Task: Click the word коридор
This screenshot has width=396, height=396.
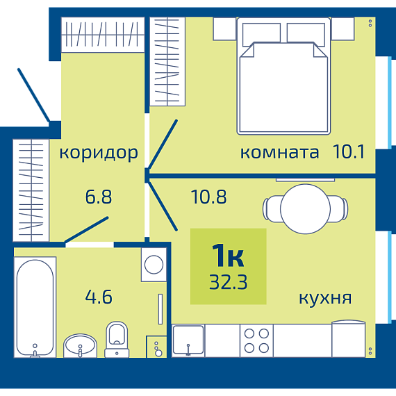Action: [x=99, y=153]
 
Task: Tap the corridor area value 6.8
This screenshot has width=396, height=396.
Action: [x=99, y=197]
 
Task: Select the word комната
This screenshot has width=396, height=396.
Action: [x=279, y=153]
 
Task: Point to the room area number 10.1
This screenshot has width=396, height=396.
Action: [x=349, y=151]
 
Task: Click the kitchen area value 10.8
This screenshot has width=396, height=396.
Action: [x=209, y=197]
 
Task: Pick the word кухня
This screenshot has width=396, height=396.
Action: [x=325, y=298]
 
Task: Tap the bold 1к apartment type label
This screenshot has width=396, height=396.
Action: [x=228, y=256]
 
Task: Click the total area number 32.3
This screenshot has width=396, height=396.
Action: [x=229, y=282]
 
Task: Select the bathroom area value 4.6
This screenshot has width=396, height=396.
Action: [x=99, y=297]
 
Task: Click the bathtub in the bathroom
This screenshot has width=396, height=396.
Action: [x=35, y=307]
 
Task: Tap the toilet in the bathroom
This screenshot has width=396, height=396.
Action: [x=117, y=339]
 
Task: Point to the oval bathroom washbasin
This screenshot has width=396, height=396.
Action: [x=80, y=345]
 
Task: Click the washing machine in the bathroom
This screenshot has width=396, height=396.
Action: [x=154, y=265]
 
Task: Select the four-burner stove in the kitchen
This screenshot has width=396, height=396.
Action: [x=256, y=340]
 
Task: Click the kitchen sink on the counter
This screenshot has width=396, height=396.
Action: [x=188, y=340]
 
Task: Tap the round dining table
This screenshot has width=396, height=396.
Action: [x=305, y=209]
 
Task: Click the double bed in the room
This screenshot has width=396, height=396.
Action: [x=283, y=76]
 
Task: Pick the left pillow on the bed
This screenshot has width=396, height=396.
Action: [x=261, y=34]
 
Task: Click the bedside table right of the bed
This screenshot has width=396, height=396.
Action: [x=343, y=28]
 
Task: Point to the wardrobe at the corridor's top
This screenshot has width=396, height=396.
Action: [x=103, y=35]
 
